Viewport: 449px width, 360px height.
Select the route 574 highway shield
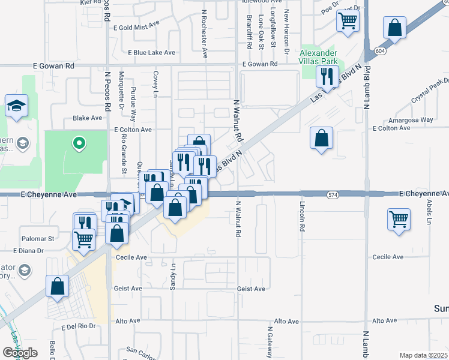[x=333, y=195]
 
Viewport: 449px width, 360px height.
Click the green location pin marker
[x=77, y=143]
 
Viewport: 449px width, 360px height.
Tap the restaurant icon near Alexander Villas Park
[x=327, y=76]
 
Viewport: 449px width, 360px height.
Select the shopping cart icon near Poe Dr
[x=348, y=22]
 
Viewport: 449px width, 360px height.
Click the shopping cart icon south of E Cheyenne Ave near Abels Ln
[x=399, y=219]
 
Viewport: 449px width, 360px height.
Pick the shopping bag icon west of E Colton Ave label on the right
[x=322, y=137]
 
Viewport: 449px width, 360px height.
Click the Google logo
[x=20, y=353]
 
